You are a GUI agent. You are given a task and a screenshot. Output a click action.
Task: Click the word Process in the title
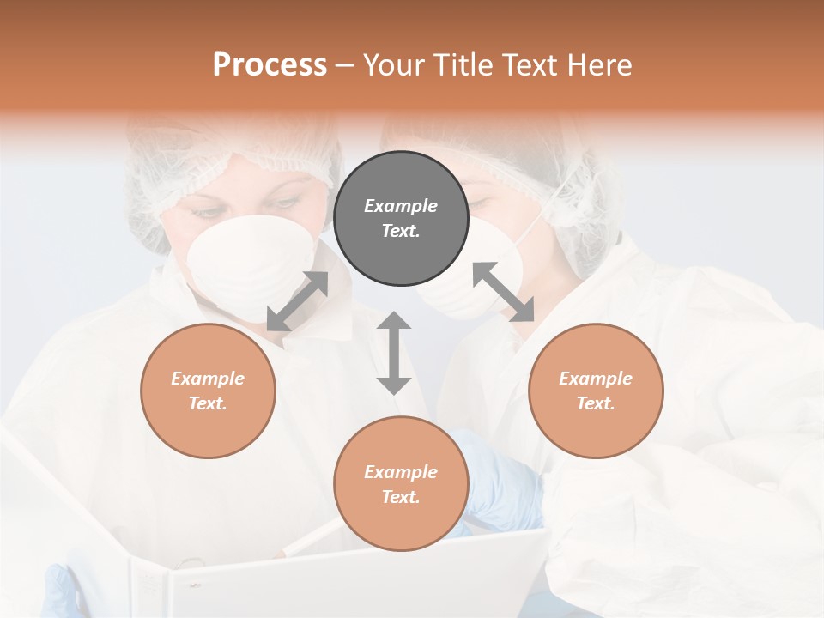[x=270, y=65]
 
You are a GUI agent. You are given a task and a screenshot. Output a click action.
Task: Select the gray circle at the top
[x=401, y=218]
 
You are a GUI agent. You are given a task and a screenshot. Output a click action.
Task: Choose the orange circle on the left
[x=208, y=391]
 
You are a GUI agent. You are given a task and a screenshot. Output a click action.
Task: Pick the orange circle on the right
[x=596, y=391]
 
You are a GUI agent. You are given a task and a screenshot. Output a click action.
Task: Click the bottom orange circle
[x=401, y=484]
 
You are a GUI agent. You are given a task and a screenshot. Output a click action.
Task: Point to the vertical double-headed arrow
[x=394, y=354]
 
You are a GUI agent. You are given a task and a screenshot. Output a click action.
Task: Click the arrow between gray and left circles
[x=297, y=301]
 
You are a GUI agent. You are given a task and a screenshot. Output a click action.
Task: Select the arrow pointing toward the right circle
[x=504, y=293]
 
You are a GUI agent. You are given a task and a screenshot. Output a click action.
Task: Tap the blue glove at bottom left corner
[x=60, y=592]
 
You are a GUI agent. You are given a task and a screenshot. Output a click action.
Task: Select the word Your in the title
[x=391, y=65]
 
